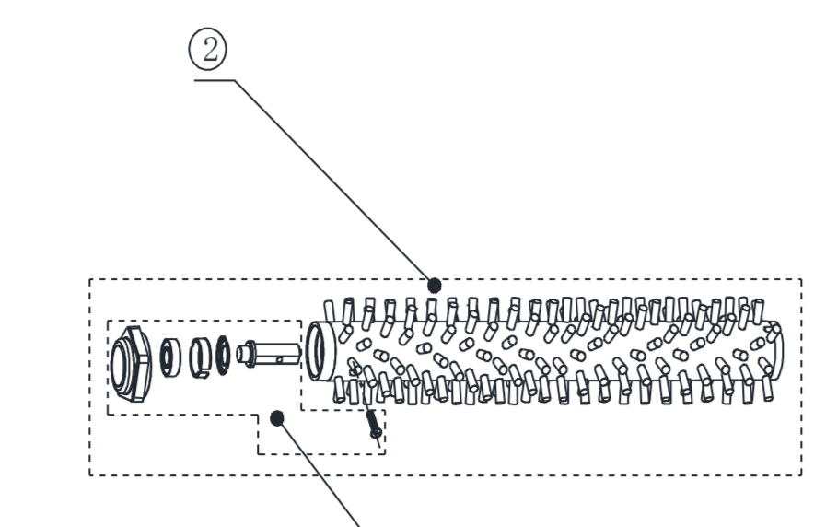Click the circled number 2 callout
point(208,49)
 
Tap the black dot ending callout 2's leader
point(434,286)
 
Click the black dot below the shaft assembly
point(277,418)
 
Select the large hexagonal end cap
point(131,364)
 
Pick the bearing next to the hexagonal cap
point(169,357)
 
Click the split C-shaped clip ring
point(200,357)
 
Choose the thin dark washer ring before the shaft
point(224,356)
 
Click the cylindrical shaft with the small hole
point(269,353)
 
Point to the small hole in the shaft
point(280,360)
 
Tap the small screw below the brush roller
point(374,426)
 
